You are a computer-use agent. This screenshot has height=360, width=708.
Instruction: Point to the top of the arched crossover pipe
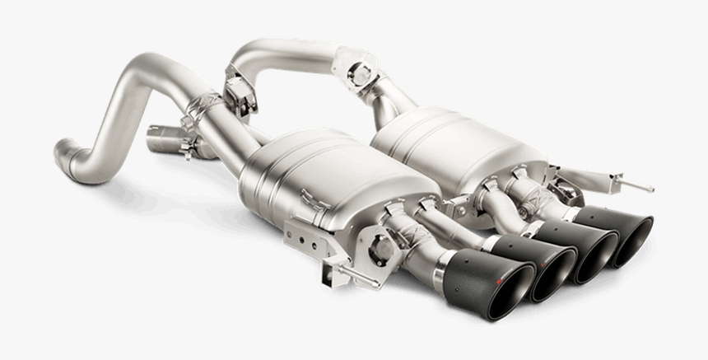click(x=288, y=46)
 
